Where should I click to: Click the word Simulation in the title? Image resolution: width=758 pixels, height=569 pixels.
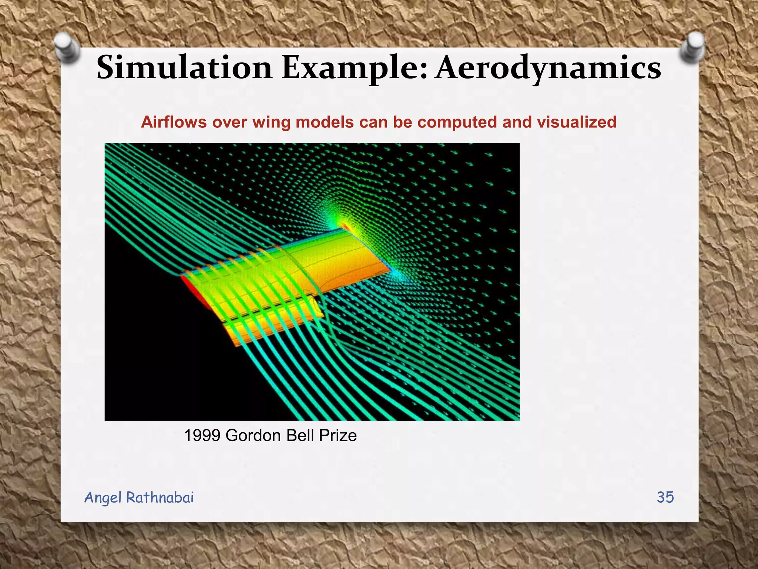tap(184, 68)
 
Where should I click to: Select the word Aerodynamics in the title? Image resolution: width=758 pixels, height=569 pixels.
tap(548, 68)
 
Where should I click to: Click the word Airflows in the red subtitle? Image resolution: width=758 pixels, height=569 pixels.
tap(174, 122)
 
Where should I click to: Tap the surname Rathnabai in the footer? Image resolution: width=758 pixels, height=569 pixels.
tap(160, 498)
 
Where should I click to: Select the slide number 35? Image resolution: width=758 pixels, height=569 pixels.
tap(665, 497)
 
